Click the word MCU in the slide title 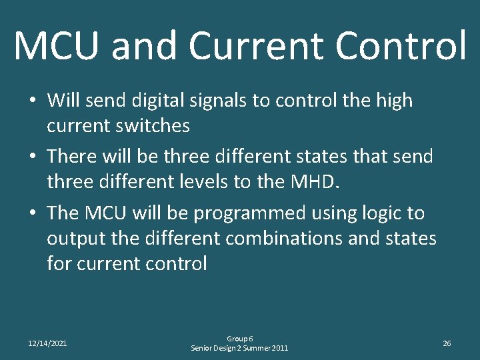click(57, 45)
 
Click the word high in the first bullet click(394, 101)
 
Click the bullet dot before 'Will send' click(32, 101)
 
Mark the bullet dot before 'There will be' click(32, 157)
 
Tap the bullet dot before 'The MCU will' click(32, 213)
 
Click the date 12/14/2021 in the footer click(47, 343)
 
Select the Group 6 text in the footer click(240, 339)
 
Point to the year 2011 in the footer click(279, 348)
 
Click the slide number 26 click(447, 343)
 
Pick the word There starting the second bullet click(72, 157)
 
